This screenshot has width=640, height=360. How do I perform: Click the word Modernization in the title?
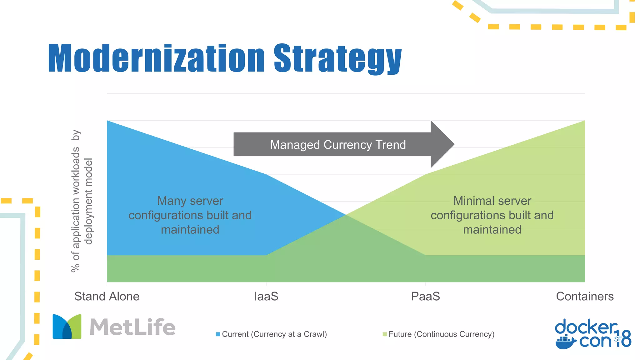click(156, 58)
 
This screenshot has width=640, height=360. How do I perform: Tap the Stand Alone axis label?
click(107, 296)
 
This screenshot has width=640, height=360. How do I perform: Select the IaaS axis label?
click(266, 296)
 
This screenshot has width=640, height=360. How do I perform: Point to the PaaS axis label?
click(425, 296)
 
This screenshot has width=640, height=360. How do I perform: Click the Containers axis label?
click(584, 296)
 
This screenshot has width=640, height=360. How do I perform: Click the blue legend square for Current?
click(218, 334)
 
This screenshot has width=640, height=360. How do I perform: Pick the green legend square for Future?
click(384, 334)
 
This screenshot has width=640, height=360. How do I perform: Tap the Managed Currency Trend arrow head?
click(441, 144)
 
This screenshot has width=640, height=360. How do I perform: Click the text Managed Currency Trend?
click(337, 145)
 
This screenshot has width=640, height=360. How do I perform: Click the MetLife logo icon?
click(67, 327)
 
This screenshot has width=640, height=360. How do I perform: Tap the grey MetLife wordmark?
click(132, 327)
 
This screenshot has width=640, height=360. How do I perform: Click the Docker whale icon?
click(565, 342)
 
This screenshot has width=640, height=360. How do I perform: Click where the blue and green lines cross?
click(346, 215)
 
